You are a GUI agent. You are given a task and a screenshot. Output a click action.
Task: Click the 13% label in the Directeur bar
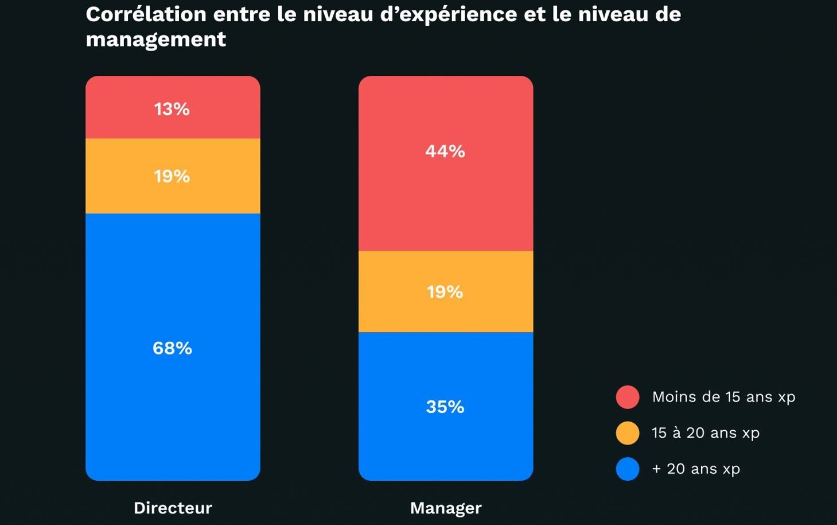tap(172, 109)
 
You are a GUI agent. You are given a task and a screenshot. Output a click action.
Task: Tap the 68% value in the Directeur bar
tap(172, 348)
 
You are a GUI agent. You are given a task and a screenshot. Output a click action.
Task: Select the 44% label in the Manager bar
tap(445, 151)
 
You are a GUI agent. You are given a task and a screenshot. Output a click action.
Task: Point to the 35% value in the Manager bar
tap(445, 407)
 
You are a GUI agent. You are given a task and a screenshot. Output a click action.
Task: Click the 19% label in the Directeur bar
tap(172, 176)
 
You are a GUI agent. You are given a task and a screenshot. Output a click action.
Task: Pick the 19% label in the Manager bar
tap(445, 292)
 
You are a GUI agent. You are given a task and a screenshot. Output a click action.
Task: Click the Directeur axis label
tap(173, 508)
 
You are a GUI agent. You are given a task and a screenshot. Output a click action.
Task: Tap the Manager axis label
tap(446, 508)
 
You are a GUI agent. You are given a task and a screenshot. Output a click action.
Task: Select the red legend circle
tap(628, 397)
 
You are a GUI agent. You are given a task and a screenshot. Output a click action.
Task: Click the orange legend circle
tap(628, 433)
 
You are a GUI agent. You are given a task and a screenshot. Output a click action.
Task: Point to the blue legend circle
tap(628, 469)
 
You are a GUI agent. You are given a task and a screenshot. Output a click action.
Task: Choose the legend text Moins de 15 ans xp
tap(723, 397)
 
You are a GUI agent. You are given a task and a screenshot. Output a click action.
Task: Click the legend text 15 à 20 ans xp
tap(706, 433)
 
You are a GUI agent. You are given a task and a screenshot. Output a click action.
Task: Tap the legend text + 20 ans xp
tap(696, 469)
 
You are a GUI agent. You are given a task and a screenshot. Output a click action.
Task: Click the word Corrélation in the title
tap(146, 14)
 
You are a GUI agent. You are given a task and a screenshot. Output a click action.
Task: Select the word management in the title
tap(156, 40)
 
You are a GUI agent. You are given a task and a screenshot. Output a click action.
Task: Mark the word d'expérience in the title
tap(449, 14)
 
